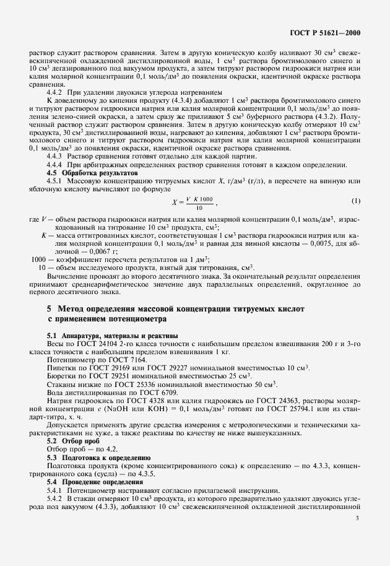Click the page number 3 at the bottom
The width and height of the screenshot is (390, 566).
(358, 521)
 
